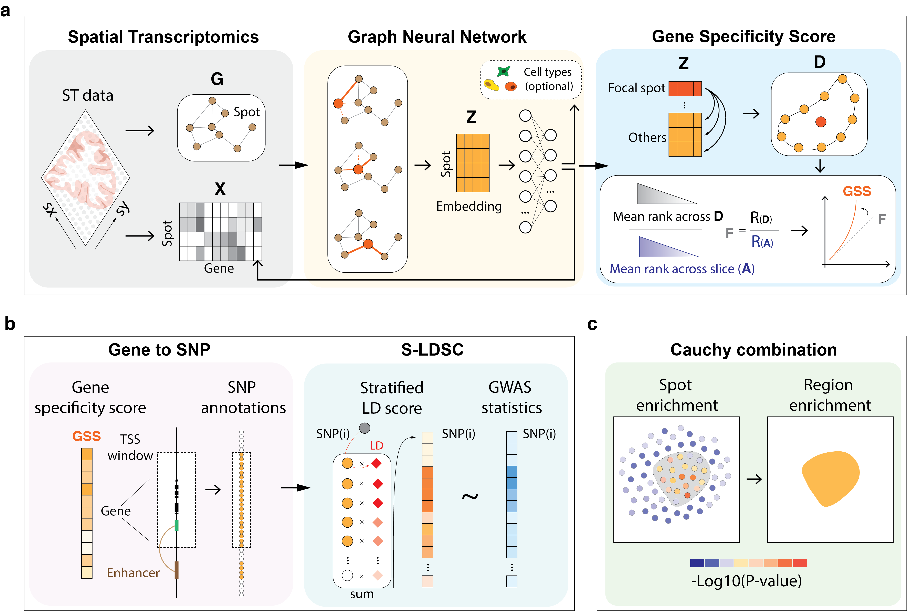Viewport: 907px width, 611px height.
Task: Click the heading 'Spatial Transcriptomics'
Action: (163, 37)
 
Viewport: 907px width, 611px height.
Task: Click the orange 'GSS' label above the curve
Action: (857, 191)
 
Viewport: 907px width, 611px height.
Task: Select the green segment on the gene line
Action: (177, 525)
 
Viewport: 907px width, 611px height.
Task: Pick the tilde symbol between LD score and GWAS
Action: (470, 496)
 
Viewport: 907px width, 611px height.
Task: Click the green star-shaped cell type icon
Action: (503, 71)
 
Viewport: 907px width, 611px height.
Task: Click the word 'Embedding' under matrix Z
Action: (469, 206)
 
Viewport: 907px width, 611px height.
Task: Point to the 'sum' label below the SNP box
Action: (361, 594)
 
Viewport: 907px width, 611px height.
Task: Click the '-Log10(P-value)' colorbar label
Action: (746, 581)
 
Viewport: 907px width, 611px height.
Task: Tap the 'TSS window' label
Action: (130, 447)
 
